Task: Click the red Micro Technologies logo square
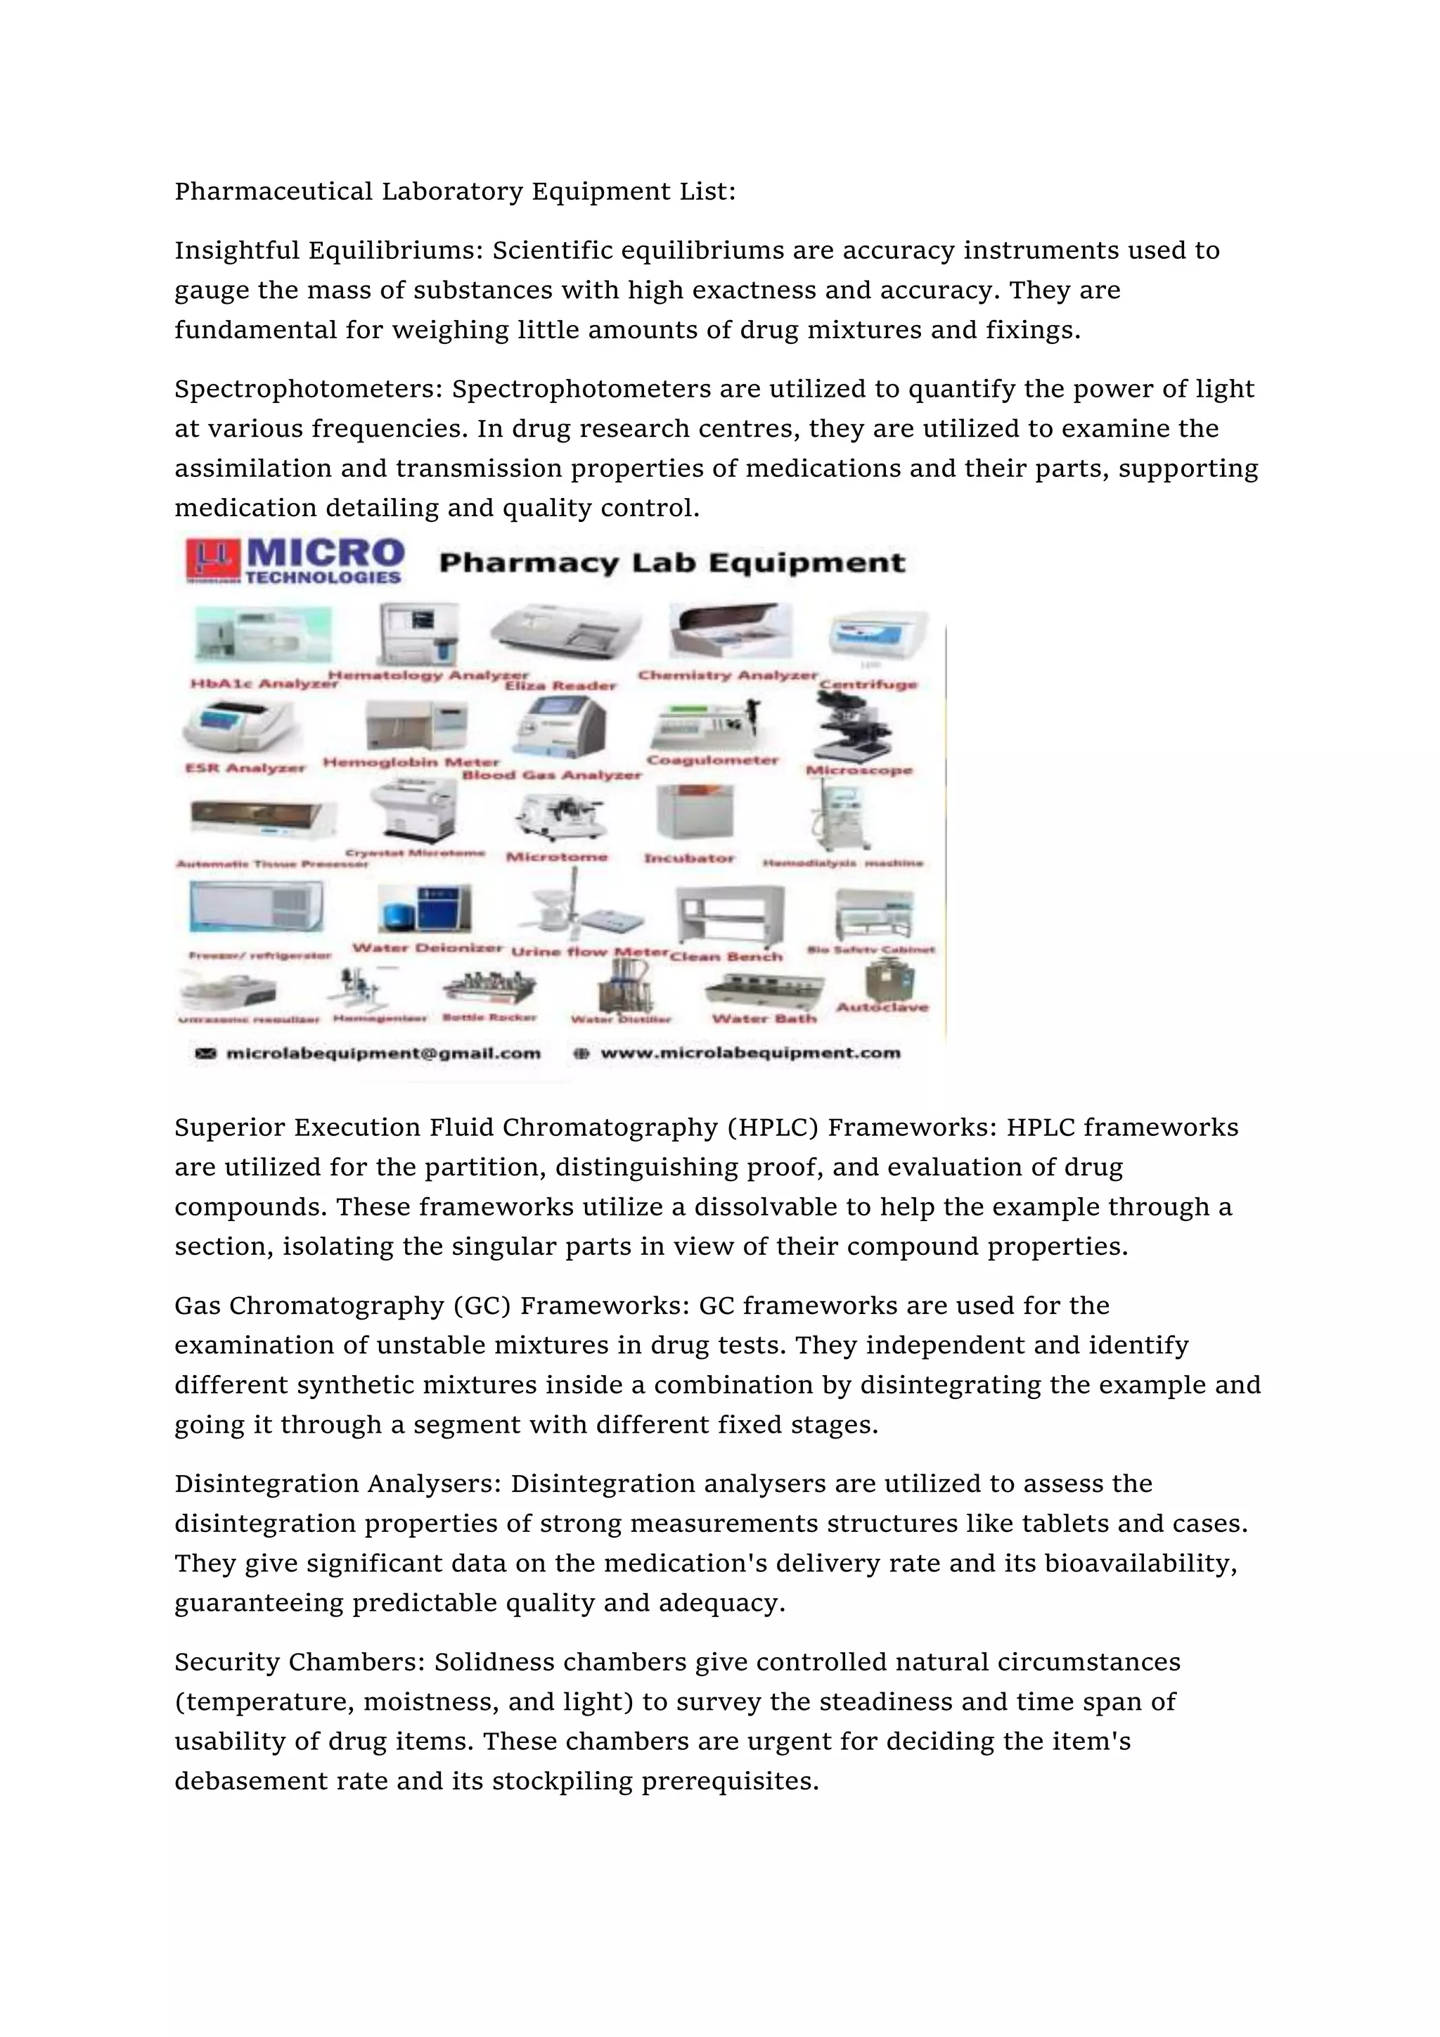click(x=212, y=560)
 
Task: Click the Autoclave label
click(x=882, y=1007)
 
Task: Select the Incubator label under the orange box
click(x=689, y=858)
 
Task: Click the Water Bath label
click(x=764, y=1018)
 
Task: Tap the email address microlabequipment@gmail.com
click(x=383, y=1053)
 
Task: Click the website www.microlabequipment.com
click(x=750, y=1053)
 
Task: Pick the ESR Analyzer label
click(x=245, y=767)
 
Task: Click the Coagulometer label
click(x=712, y=760)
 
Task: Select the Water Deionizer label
click(x=427, y=947)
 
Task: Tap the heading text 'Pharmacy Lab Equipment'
click(x=672, y=563)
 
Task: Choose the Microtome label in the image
click(x=557, y=856)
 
